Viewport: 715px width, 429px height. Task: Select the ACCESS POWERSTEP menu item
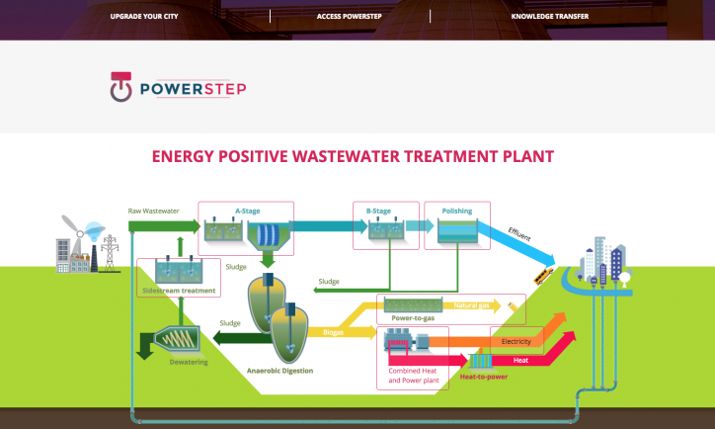(350, 17)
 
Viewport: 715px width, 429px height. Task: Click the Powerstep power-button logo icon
(120, 88)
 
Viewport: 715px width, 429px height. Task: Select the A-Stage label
(247, 210)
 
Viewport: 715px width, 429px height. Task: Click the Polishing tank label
(456, 211)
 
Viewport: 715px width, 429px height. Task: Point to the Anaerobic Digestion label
(279, 371)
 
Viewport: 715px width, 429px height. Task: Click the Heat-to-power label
(484, 377)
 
